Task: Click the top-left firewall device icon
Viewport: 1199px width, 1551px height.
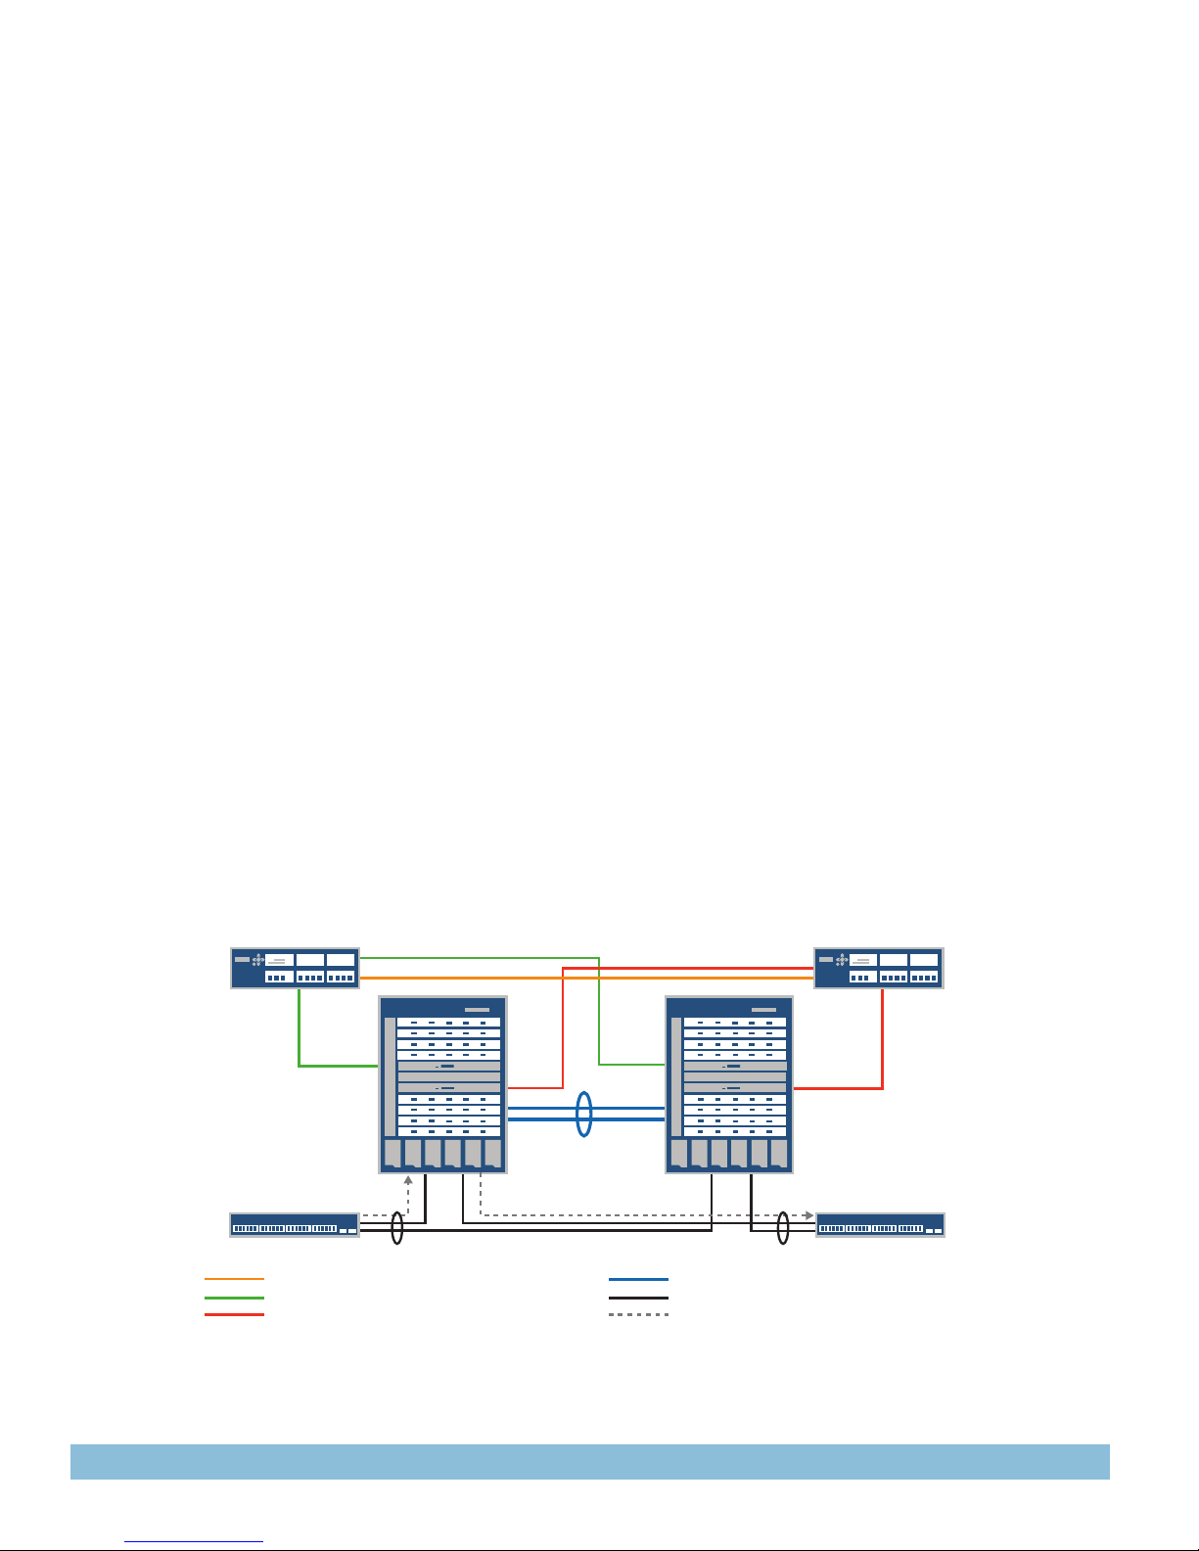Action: click(295, 968)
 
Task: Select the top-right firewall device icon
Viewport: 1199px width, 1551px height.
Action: click(878, 968)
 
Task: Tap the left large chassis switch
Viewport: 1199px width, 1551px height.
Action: click(442, 1084)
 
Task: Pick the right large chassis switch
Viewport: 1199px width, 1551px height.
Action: click(728, 1084)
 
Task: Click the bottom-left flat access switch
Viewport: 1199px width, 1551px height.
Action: click(294, 1225)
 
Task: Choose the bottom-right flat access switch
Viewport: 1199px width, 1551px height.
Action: click(880, 1225)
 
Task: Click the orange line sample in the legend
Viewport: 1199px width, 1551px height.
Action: click(234, 1279)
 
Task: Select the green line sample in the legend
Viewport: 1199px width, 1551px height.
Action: click(234, 1297)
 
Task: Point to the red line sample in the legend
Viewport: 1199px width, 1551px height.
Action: click(234, 1314)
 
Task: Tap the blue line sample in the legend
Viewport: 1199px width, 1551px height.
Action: click(638, 1279)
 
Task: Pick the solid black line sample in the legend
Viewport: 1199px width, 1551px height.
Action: click(638, 1297)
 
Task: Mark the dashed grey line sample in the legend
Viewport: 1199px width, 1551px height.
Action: click(638, 1314)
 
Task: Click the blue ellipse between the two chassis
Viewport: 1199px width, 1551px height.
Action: click(583, 1115)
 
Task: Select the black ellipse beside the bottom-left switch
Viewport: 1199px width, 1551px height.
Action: click(396, 1228)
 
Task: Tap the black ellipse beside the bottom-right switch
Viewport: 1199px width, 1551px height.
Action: click(782, 1228)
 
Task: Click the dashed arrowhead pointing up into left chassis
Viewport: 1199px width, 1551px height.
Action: click(408, 1179)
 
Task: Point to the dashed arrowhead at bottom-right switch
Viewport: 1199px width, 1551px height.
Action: click(808, 1215)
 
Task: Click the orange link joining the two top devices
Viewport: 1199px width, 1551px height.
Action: click(587, 978)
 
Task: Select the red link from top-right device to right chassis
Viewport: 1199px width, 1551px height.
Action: click(882, 1047)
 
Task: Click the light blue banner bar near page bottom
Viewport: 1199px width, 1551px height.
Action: click(589, 1461)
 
